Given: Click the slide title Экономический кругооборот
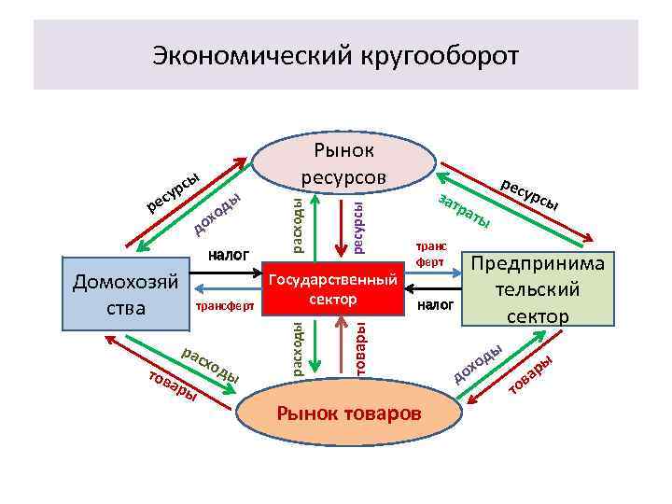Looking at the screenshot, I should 335,55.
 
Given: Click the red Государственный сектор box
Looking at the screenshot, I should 332,289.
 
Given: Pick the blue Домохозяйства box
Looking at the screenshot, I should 125,293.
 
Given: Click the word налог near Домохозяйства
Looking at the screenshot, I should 229,252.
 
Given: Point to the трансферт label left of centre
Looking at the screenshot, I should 224,305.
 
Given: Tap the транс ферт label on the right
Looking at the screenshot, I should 430,255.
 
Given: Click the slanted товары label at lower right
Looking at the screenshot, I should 531,372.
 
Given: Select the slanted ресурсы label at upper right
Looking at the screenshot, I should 530,192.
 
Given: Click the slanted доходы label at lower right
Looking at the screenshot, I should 479,364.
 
